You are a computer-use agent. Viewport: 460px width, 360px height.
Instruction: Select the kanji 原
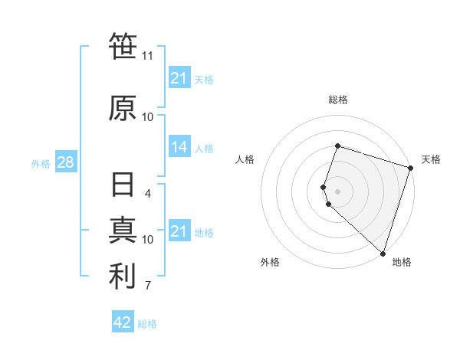[123, 108]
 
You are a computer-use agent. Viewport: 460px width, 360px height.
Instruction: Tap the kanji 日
[123, 187]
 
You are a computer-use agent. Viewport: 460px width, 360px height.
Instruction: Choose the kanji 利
[123, 277]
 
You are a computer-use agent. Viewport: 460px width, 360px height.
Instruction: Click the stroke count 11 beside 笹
[148, 56]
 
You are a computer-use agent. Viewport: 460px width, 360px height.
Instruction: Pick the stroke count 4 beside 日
[148, 193]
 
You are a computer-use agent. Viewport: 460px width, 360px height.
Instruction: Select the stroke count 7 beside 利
[148, 286]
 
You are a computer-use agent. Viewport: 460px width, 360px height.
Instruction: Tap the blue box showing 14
[179, 148]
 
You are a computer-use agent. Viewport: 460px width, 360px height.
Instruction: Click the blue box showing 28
[65, 163]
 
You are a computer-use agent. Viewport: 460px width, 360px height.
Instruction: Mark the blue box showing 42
[123, 322]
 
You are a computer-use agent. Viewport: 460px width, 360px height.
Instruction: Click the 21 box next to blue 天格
[179, 78]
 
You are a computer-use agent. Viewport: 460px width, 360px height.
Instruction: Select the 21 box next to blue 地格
[179, 231]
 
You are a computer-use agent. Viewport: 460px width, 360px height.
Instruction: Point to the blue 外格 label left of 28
[41, 164]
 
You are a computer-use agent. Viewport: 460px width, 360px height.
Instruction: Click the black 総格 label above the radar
[338, 100]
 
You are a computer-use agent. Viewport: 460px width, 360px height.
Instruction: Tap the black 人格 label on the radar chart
[245, 159]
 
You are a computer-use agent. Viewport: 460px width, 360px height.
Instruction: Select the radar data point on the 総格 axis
[337, 146]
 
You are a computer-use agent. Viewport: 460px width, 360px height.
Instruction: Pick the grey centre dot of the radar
[337, 190]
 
